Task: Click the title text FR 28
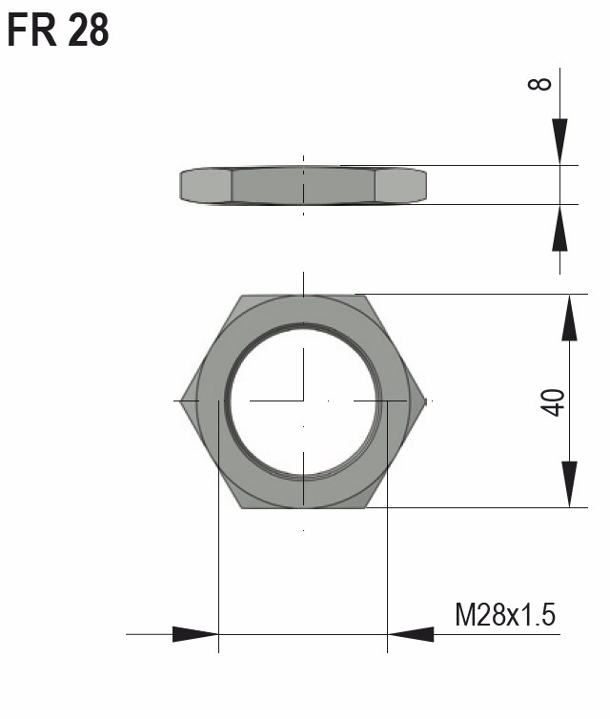click(58, 31)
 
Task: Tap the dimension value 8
click(540, 83)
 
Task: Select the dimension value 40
click(556, 401)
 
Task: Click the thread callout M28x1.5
click(504, 615)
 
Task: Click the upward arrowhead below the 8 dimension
click(559, 227)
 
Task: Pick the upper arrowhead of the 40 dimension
click(569, 318)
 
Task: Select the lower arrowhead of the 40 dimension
click(569, 484)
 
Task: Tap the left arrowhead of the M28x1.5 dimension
click(195, 633)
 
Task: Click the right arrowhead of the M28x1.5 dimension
click(411, 633)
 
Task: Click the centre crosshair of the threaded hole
click(303, 401)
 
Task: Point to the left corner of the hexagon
click(180, 401)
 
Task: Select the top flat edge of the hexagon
click(303, 295)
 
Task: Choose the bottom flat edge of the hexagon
click(303, 507)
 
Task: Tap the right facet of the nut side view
click(399, 185)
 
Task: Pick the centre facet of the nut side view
click(303, 185)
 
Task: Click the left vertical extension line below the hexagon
click(219, 572)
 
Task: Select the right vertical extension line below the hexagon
click(387, 572)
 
